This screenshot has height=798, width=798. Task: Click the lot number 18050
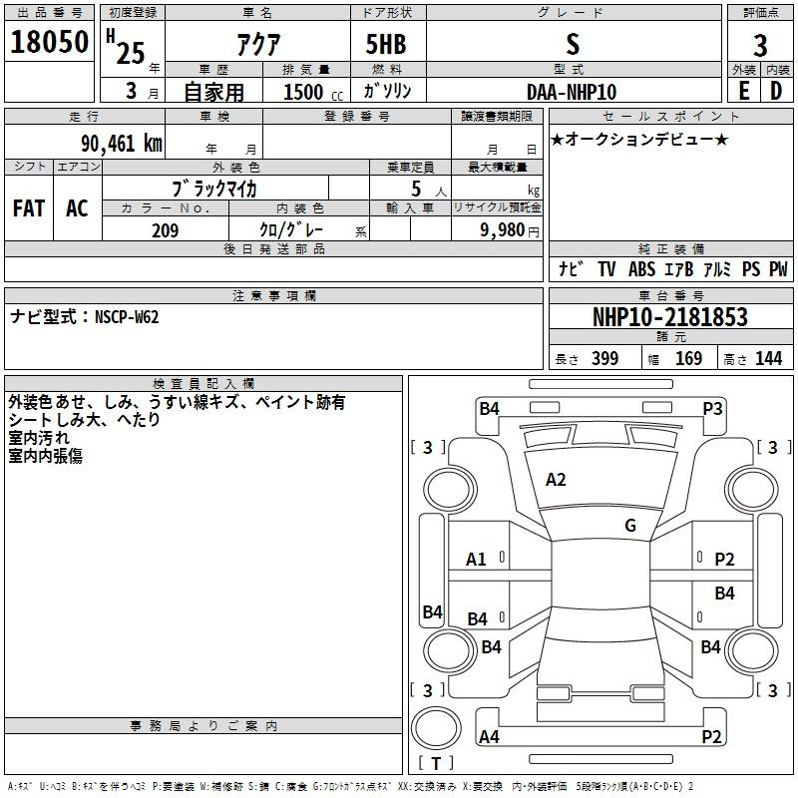[49, 42]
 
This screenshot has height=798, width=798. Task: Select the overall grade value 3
[760, 45]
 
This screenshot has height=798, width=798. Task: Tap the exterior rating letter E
[744, 91]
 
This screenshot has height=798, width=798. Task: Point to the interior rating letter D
[776, 91]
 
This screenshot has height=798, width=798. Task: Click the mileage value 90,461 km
[122, 144]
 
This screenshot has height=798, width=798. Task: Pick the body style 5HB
[386, 44]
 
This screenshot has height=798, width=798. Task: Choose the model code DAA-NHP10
[572, 92]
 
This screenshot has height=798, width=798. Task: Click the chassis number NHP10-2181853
[670, 317]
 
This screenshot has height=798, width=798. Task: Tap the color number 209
[166, 230]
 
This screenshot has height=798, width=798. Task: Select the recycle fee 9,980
[503, 230]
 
